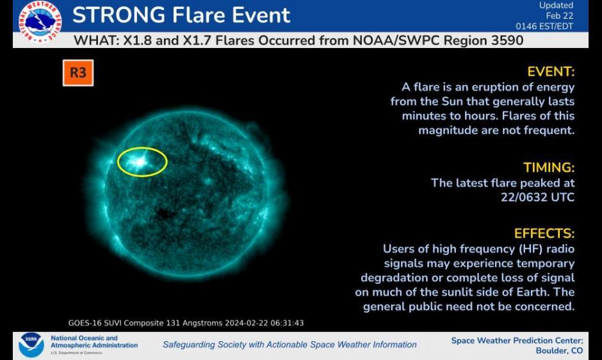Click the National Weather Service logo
[x=40, y=22]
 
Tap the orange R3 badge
[x=78, y=72]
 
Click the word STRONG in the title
[x=118, y=15]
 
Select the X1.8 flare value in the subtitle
[x=138, y=40]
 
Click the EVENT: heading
[x=551, y=72]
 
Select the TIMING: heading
[x=549, y=168]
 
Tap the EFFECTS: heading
[x=544, y=233]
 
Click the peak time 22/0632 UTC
[x=537, y=197]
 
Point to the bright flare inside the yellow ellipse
[x=140, y=162]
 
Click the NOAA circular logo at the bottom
[x=31, y=345]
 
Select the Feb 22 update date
[x=559, y=16]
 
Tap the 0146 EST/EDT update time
[x=544, y=26]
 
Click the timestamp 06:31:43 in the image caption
[x=287, y=323]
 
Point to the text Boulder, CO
[x=559, y=351]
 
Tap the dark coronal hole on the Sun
[x=165, y=213]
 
